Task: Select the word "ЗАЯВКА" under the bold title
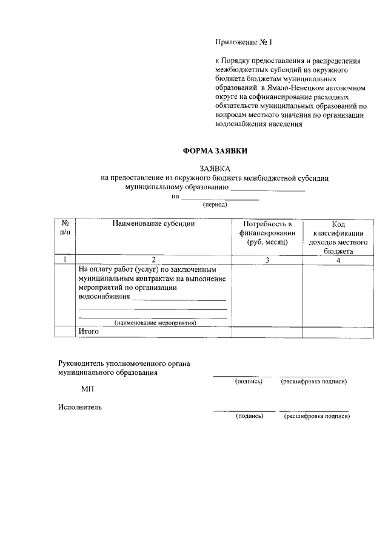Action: point(215,168)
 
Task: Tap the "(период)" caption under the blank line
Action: point(215,204)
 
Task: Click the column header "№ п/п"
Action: point(65,228)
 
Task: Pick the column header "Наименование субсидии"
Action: point(153,224)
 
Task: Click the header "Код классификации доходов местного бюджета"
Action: point(338,237)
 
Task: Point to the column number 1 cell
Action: point(65,260)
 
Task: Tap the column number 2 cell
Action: point(153,260)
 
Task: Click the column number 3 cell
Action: point(267,260)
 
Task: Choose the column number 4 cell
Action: point(338,260)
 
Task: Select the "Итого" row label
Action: point(89,332)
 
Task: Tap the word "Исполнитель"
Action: point(80,407)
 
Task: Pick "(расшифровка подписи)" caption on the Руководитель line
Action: point(313,382)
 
